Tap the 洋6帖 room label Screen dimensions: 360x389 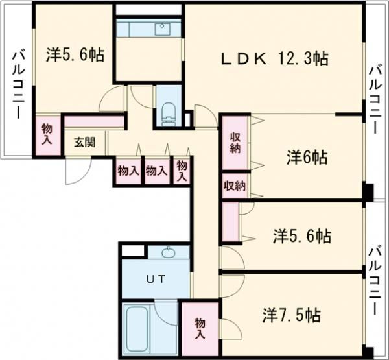click(x=307, y=157)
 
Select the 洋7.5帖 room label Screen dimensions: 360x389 click(x=291, y=316)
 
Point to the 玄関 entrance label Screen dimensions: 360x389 click(x=84, y=141)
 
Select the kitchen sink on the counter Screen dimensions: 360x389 click(x=161, y=29)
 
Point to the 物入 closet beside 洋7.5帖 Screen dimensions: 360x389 click(x=200, y=328)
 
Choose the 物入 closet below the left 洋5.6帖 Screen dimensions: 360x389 click(x=47, y=134)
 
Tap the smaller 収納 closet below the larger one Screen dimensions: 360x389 click(x=235, y=186)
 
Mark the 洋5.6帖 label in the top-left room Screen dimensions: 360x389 click(x=75, y=54)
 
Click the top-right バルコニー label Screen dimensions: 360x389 click(x=375, y=97)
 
